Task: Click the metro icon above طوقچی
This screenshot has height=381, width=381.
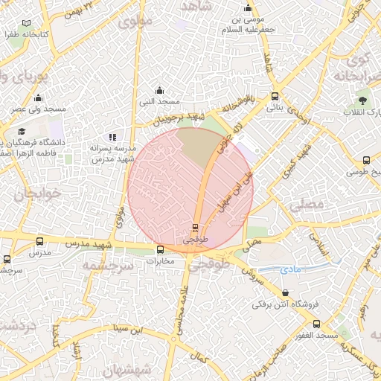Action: [196, 226]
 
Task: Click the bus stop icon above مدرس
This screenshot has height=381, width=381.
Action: [39, 240]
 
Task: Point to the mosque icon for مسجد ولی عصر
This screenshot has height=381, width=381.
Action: [39, 97]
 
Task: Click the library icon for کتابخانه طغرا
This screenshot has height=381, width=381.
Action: [27, 24]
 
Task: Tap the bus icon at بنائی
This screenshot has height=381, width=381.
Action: [275, 96]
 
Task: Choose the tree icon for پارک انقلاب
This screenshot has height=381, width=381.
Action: [362, 100]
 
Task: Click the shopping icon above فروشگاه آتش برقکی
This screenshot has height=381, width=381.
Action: [287, 292]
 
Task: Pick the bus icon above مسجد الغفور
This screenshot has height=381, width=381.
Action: [317, 324]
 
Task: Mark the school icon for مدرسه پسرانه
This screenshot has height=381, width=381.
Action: [112, 137]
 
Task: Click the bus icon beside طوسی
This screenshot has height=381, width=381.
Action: [366, 161]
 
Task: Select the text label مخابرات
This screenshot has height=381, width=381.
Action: [160, 261]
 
